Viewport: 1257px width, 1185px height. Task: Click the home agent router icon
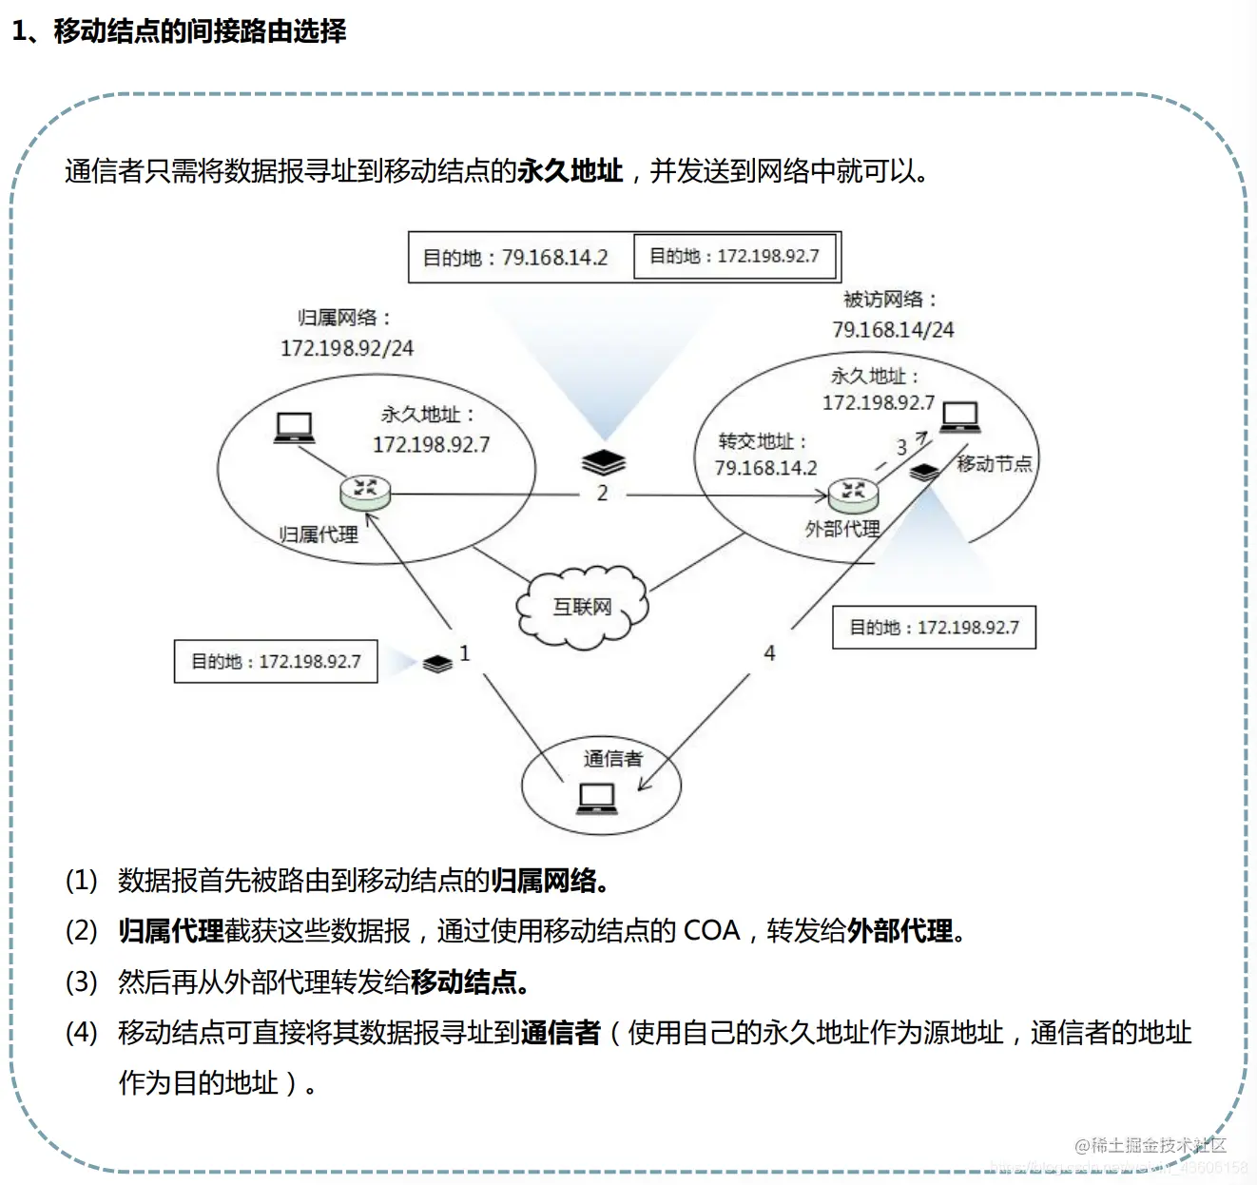coord(365,492)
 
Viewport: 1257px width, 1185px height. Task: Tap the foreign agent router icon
coord(853,493)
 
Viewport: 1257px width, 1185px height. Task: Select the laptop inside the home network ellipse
coord(294,428)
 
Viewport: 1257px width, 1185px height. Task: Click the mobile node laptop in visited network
coord(959,417)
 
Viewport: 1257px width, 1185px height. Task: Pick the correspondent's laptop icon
coord(597,798)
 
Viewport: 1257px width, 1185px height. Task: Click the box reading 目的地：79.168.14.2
coord(515,258)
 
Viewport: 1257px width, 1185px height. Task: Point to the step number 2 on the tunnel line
coord(602,493)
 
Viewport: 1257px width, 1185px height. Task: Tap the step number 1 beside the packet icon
coord(464,653)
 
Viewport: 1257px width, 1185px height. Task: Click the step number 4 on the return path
coord(769,653)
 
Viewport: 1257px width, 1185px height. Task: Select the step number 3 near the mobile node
coord(901,447)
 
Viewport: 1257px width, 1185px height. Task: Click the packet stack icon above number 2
coord(604,462)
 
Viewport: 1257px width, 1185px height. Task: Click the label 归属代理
coord(319,534)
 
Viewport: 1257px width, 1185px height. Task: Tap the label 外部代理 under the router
coord(842,529)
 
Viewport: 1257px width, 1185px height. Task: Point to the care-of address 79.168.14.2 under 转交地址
coord(765,468)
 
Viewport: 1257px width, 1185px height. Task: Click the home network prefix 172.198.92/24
coord(347,348)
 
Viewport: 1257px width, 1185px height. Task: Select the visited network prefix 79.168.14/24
coord(893,330)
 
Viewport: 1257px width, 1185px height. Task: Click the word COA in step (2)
coord(711,930)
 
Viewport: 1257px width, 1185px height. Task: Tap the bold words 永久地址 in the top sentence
coord(570,171)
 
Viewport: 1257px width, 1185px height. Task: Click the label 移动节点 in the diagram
coord(994,464)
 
